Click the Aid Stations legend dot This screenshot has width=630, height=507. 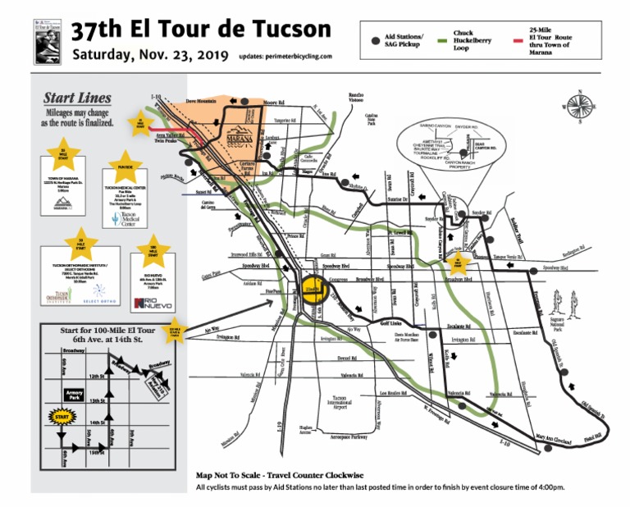click(375, 39)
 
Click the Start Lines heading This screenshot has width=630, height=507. click(77, 98)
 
